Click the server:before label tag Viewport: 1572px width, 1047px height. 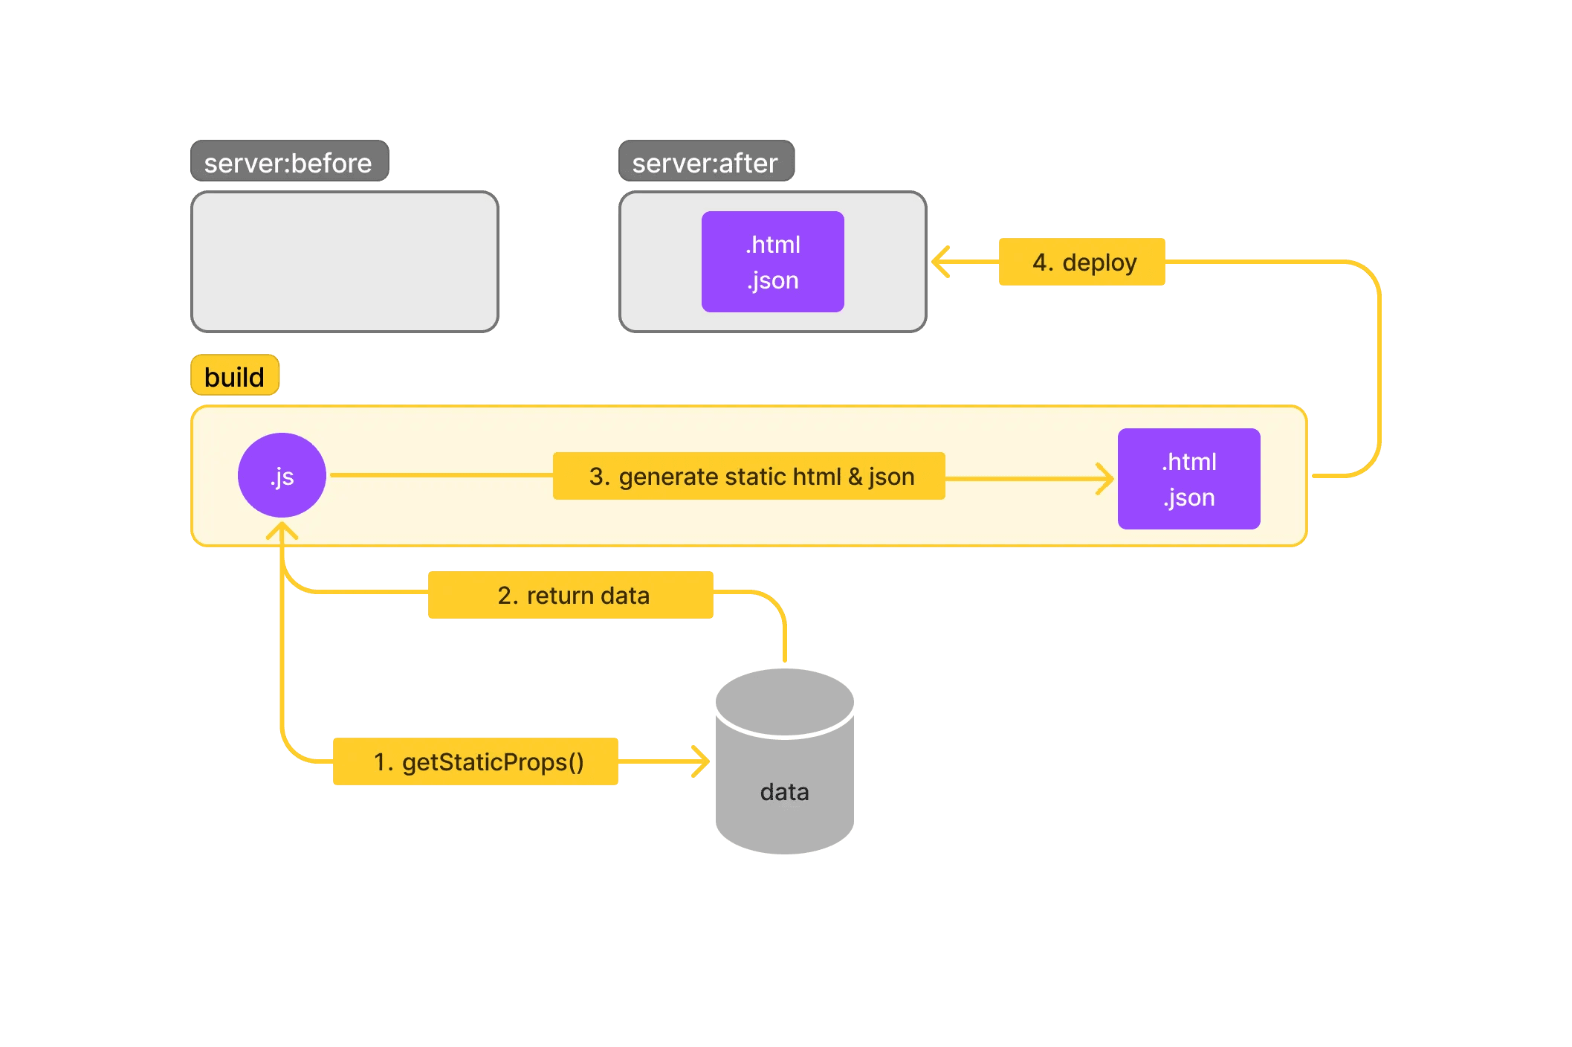tap(289, 161)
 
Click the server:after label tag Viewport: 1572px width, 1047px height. tap(706, 161)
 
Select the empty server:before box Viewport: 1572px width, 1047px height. tap(344, 262)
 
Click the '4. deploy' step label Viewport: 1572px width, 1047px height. tap(1081, 262)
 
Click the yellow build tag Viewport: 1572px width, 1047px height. tap(235, 376)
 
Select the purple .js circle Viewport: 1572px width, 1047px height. tap(282, 475)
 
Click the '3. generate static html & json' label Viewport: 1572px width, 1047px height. tap(748, 476)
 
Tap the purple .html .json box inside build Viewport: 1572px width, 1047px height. tap(1188, 479)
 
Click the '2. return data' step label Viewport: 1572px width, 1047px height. tap(570, 595)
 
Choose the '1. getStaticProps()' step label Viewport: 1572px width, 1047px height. tap(475, 761)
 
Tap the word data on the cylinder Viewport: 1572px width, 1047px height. tap(784, 792)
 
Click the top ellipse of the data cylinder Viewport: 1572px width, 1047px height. tap(784, 700)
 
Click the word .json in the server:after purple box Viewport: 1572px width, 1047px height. tap(773, 280)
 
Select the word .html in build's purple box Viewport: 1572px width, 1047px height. tap(1189, 462)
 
